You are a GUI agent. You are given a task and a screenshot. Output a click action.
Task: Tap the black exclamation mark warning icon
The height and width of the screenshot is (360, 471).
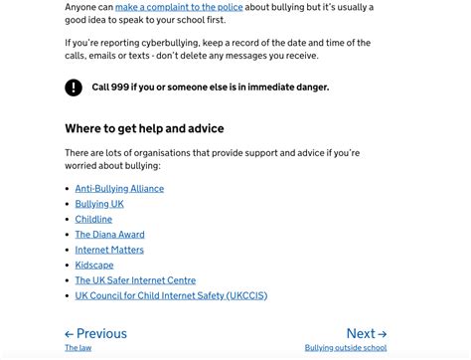point(74,88)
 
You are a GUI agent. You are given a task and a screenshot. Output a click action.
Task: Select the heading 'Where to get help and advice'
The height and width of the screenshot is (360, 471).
point(144,128)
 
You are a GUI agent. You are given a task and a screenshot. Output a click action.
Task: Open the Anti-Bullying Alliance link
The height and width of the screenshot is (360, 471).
point(119,188)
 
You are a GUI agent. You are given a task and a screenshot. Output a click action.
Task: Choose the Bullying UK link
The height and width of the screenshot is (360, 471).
point(99,204)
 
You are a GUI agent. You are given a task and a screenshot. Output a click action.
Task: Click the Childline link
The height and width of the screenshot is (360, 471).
point(93,219)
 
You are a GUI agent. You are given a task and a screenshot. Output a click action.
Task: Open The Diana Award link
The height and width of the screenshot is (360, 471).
point(109,235)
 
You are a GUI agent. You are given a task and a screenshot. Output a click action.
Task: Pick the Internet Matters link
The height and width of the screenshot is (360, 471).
point(109,250)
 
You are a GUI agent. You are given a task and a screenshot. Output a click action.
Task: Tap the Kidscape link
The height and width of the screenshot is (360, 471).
point(94,266)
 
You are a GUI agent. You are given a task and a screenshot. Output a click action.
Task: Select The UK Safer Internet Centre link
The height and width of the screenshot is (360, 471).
point(135,280)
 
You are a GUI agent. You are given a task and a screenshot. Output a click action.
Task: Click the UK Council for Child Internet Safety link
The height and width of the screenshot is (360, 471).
point(171,295)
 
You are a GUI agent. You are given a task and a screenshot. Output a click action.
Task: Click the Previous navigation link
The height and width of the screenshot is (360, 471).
point(96,334)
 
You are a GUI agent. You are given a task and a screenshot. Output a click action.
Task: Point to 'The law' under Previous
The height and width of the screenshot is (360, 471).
point(78,348)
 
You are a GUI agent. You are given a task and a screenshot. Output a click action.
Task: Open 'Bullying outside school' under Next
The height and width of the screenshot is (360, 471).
point(346,348)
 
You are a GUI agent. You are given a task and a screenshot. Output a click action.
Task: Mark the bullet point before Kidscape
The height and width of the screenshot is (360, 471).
point(68,266)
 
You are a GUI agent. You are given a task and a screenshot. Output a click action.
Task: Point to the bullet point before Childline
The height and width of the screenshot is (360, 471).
point(68,220)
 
